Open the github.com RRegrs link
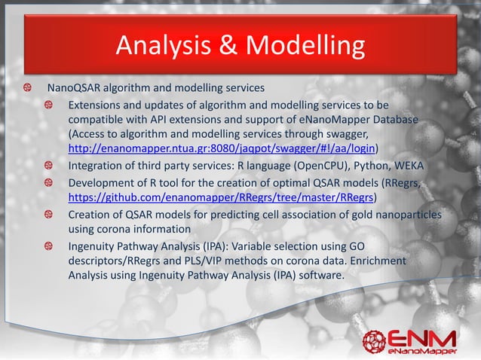[222, 198]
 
